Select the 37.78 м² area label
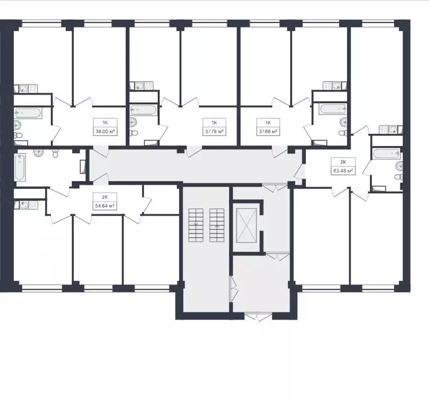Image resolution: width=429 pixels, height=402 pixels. click(x=214, y=132)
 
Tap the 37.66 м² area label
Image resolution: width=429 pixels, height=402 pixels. click(x=268, y=132)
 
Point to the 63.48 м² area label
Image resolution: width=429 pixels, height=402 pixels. click(x=342, y=171)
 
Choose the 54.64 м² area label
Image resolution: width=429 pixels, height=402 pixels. click(x=104, y=206)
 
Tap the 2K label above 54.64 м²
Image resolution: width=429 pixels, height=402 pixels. click(x=104, y=197)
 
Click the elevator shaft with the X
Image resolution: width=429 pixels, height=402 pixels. click(x=247, y=225)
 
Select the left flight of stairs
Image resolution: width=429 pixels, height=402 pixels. click(x=195, y=225)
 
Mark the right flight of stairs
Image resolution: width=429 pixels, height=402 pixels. click(x=216, y=225)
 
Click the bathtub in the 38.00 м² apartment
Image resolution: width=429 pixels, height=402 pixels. click(x=28, y=113)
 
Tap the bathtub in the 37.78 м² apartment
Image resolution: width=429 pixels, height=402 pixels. click(x=144, y=110)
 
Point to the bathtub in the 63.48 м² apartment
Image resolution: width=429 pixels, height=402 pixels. click(x=387, y=155)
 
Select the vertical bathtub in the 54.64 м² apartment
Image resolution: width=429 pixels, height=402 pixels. click(x=19, y=166)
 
